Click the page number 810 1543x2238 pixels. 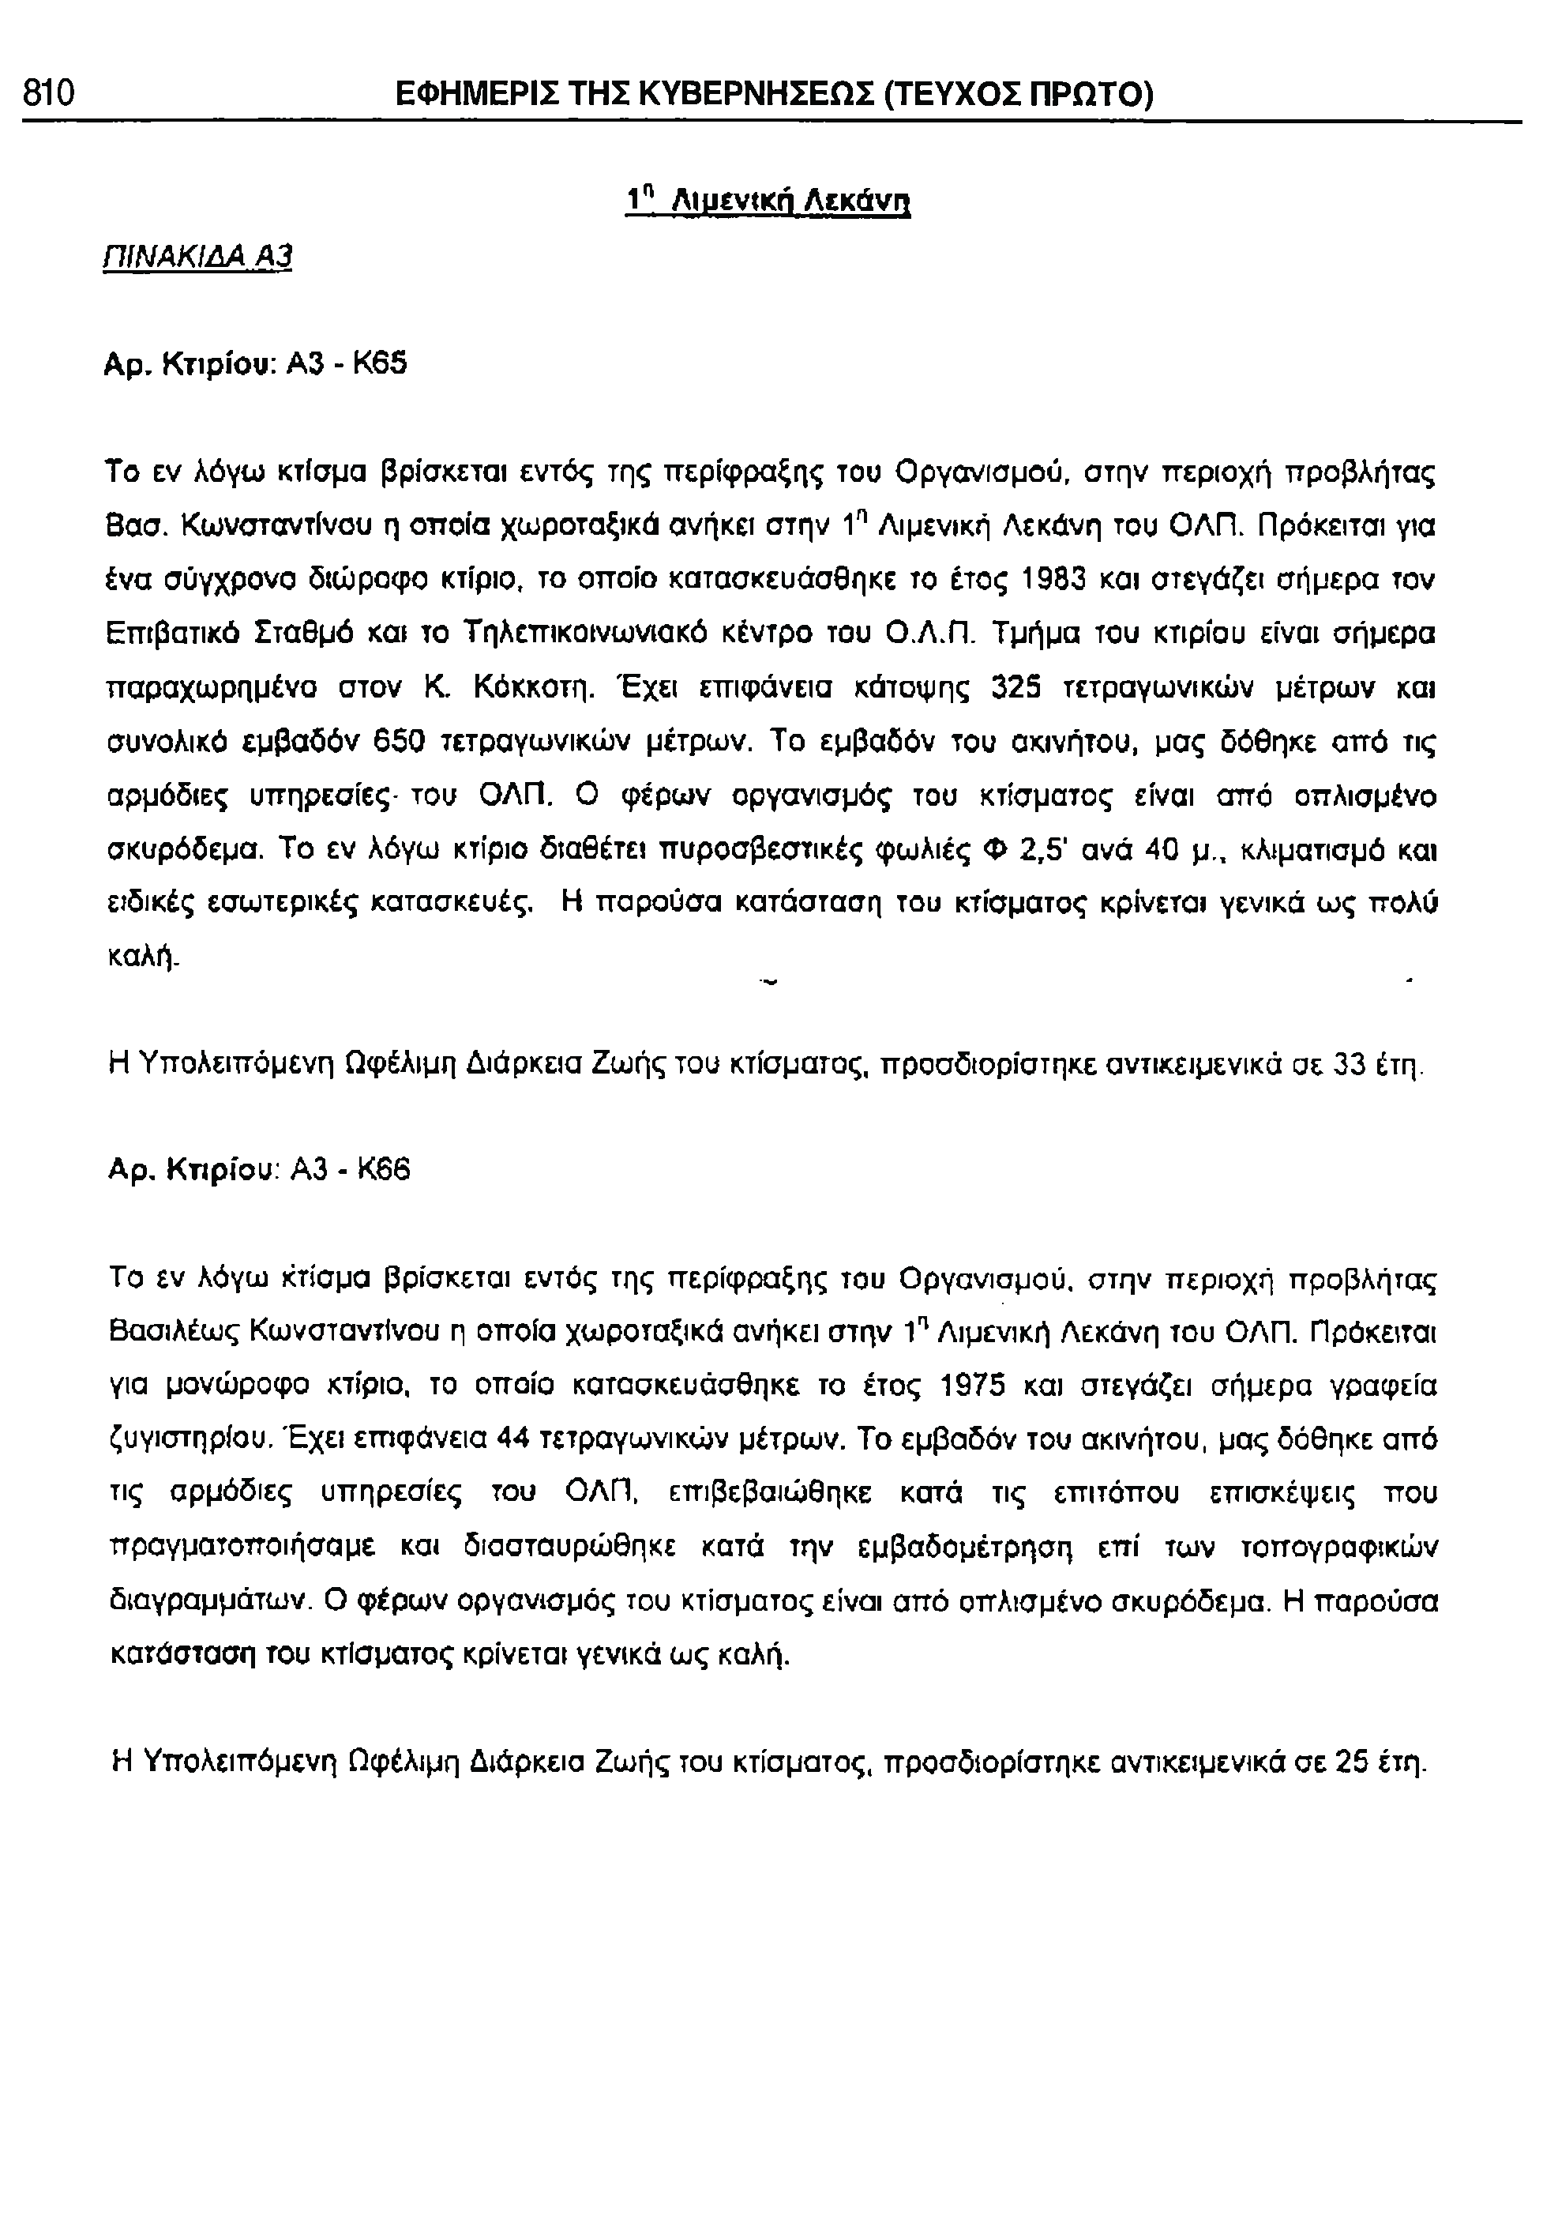pos(48,94)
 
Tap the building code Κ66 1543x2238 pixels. pos(384,1172)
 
